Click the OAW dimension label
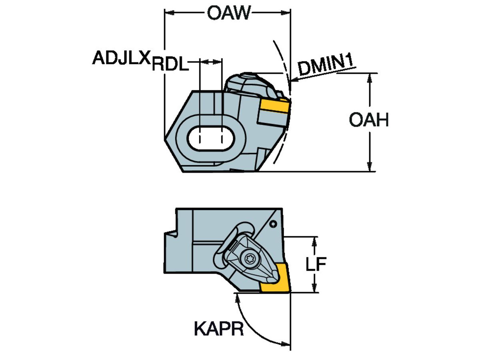click(x=228, y=13)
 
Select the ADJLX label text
click(x=121, y=58)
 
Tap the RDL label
click(x=170, y=65)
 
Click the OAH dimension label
click(x=368, y=120)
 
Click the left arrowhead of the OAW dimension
click(x=169, y=13)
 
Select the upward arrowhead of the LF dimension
click(x=316, y=241)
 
